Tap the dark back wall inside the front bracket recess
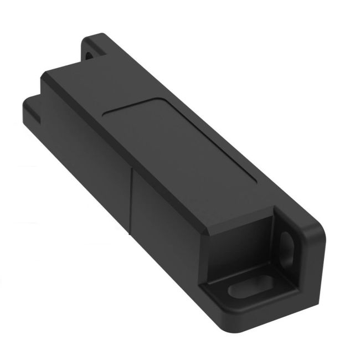click(244, 244)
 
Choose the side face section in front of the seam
click(166, 233)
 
